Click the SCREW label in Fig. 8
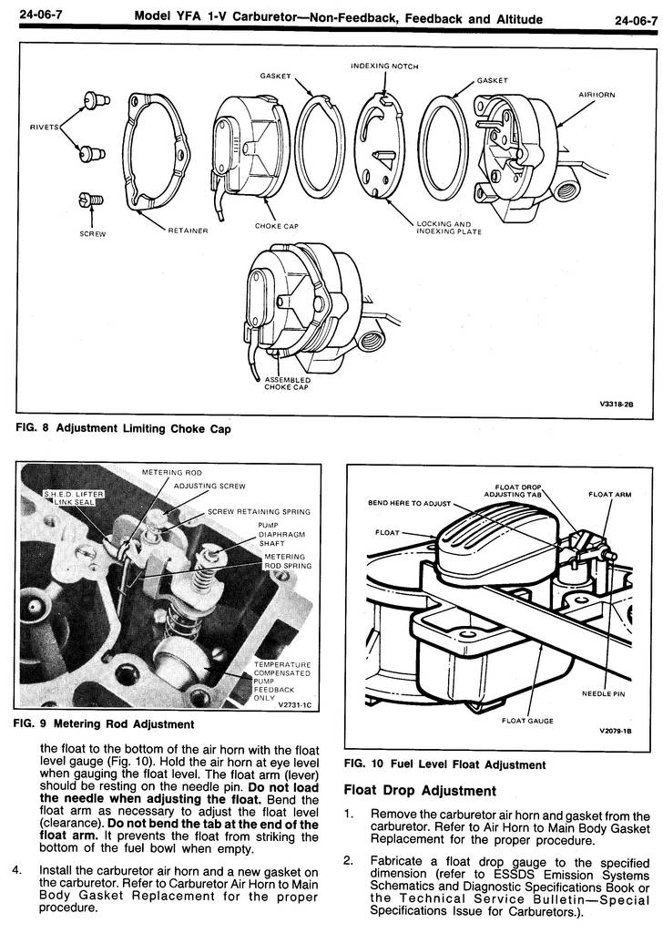coord(93,233)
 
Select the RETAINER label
coord(189,231)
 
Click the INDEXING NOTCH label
coord(384,67)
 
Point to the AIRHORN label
coord(598,94)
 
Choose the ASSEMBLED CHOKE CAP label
coord(287,383)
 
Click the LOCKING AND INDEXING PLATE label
coord(444,227)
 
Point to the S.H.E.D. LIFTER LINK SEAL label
coord(76,497)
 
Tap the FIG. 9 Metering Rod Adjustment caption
coord(105,724)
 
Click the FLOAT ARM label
coord(609,496)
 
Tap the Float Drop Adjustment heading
coord(420,790)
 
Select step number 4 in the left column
coord(17,870)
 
